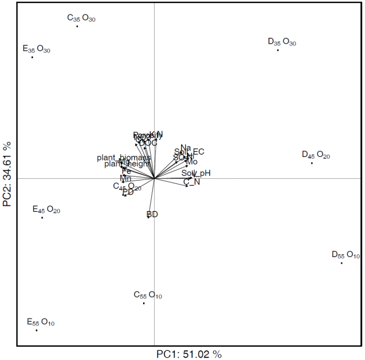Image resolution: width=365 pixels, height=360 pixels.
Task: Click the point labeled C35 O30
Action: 77,26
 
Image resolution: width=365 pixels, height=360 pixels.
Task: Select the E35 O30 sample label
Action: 36,49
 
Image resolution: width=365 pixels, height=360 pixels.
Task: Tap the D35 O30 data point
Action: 278,50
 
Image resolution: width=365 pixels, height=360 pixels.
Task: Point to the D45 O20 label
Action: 316,155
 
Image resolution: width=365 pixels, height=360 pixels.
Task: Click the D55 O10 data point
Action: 341,263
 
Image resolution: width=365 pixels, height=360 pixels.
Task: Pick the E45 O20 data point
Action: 42,217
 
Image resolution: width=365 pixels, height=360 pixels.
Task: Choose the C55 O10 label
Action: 148,296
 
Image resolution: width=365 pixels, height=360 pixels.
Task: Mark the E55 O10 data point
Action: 36,330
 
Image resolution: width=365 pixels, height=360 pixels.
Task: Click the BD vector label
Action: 152,215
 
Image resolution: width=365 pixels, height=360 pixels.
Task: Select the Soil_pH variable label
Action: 196,173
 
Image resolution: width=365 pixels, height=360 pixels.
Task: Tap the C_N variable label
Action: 191,182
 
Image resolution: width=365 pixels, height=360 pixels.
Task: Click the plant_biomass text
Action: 124,158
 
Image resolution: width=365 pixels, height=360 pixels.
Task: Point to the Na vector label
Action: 185,148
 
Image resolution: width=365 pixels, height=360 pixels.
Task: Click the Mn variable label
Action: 125,178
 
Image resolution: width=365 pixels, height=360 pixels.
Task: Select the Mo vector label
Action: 191,162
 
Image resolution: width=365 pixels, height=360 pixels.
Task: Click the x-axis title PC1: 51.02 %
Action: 189,354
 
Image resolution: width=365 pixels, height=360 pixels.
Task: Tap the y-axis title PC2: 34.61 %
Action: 7,175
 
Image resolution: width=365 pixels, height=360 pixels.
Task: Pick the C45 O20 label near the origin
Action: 127,186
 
